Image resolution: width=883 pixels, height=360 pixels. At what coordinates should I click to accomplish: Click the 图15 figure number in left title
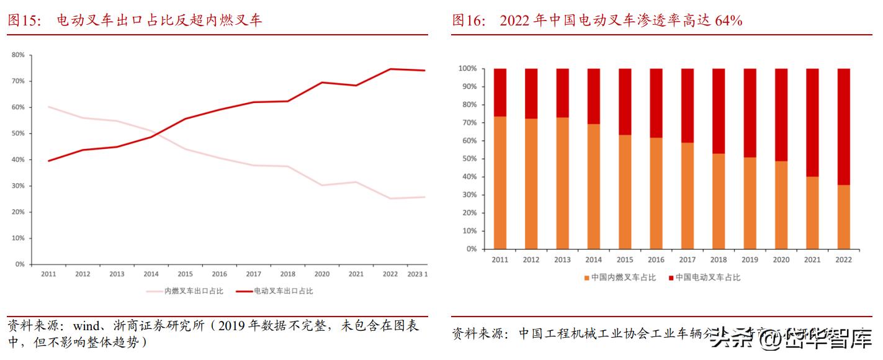[x=24, y=20]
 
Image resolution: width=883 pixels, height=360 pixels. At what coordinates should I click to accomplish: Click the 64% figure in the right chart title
[x=728, y=20]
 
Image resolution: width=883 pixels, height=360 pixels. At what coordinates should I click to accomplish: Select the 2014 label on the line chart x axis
[x=151, y=274]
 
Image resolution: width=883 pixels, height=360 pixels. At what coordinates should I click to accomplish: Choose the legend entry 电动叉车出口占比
[x=282, y=290]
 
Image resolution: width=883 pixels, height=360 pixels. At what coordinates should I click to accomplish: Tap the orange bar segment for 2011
[x=500, y=182]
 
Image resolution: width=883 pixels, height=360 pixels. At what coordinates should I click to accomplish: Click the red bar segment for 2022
[x=843, y=127]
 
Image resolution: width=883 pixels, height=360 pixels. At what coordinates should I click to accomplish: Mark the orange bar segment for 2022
[x=843, y=217]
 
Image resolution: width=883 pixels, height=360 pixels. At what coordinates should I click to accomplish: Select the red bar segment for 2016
[x=656, y=103]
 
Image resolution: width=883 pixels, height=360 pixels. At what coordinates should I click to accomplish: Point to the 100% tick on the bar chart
[x=467, y=68]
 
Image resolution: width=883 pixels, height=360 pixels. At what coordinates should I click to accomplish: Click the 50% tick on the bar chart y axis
[x=469, y=159]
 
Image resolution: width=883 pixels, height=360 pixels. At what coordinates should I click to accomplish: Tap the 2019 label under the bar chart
[x=750, y=260]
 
